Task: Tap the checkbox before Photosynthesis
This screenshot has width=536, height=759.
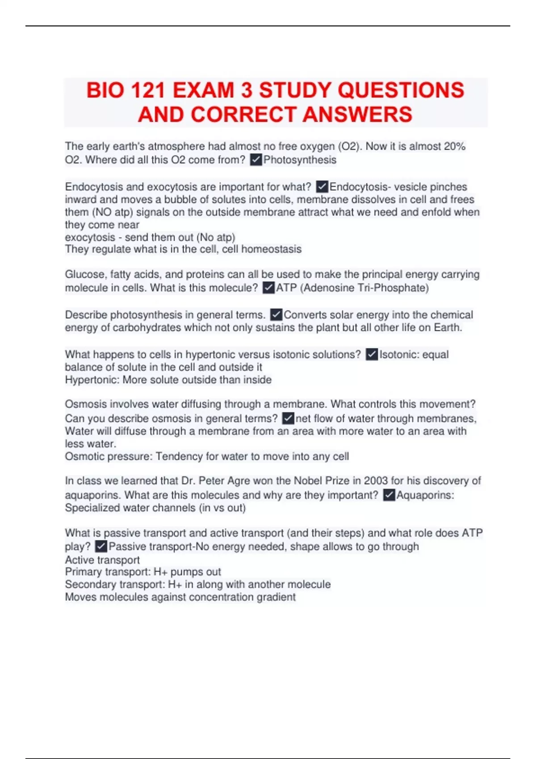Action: tap(256, 160)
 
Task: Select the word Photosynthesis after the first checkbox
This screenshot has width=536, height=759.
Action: tap(300, 160)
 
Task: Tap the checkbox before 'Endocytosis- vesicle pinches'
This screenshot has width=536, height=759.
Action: tap(322, 187)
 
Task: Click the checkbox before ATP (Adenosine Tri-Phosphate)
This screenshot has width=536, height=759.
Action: tap(268, 288)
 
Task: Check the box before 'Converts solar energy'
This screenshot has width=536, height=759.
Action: tap(276, 315)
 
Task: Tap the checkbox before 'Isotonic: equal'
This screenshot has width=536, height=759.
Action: tap(372, 354)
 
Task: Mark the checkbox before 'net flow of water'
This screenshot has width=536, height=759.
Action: tap(288, 418)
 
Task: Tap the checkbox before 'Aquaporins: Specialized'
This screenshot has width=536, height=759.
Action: tap(389, 495)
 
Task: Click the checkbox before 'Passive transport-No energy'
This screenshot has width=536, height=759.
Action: tap(101, 546)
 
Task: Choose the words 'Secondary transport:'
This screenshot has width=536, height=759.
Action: tap(115, 584)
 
